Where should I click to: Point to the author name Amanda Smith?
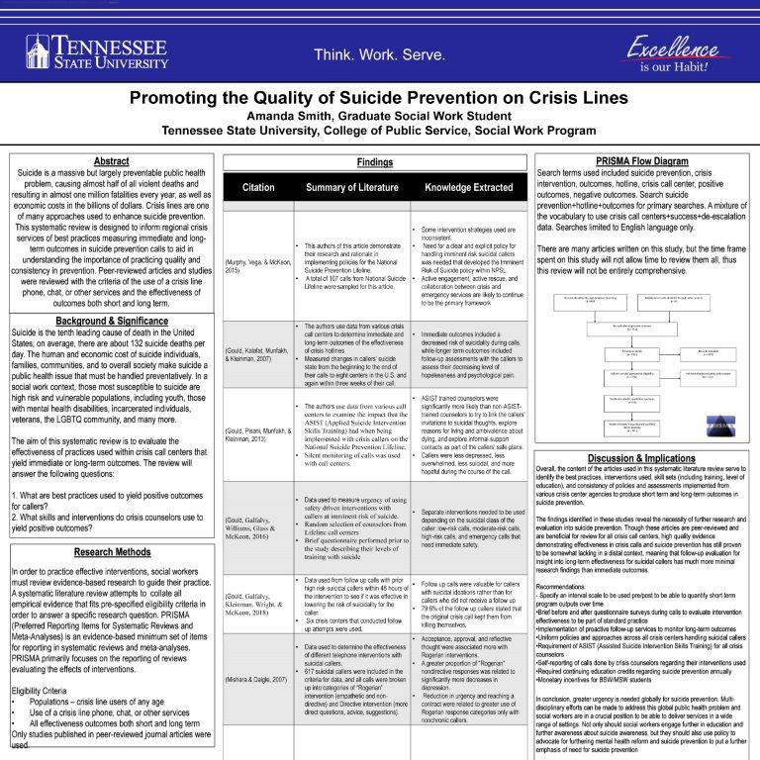click(x=379, y=115)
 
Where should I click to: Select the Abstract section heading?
click(x=110, y=160)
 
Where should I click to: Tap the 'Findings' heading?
click(x=380, y=161)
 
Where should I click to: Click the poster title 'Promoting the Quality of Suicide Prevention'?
click(x=380, y=99)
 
